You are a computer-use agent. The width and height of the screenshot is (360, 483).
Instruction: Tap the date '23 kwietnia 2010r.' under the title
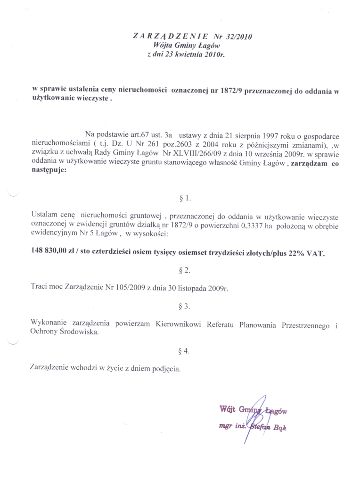pos(193,55)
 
